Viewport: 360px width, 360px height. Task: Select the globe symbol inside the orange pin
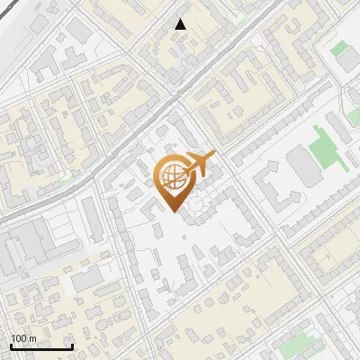173,175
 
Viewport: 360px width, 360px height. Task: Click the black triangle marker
181,24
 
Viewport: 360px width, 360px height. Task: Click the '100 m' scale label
23,338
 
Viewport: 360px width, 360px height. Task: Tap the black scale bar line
41,347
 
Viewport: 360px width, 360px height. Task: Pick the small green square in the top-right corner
339,49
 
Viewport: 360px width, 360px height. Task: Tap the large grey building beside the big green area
299,166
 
